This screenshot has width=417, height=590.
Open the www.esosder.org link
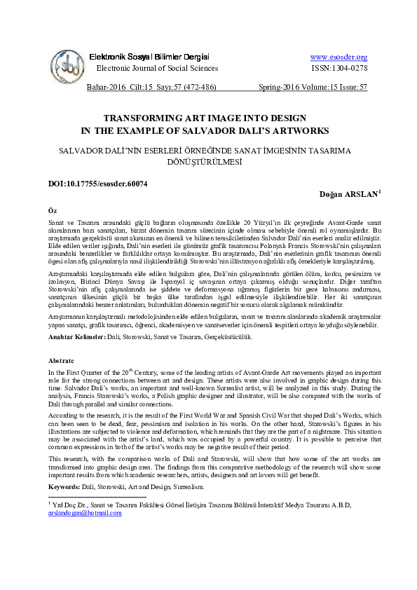339,57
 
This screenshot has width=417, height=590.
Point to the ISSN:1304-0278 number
339,68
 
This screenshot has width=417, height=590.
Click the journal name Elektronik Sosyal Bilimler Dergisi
149,56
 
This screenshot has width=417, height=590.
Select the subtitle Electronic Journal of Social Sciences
156,68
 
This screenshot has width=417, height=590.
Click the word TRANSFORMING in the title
139,119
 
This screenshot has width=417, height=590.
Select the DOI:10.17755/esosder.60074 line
97,184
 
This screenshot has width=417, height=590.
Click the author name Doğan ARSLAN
348,194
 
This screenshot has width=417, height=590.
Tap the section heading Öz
51,210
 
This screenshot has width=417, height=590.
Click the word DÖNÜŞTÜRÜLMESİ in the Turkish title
208,161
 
